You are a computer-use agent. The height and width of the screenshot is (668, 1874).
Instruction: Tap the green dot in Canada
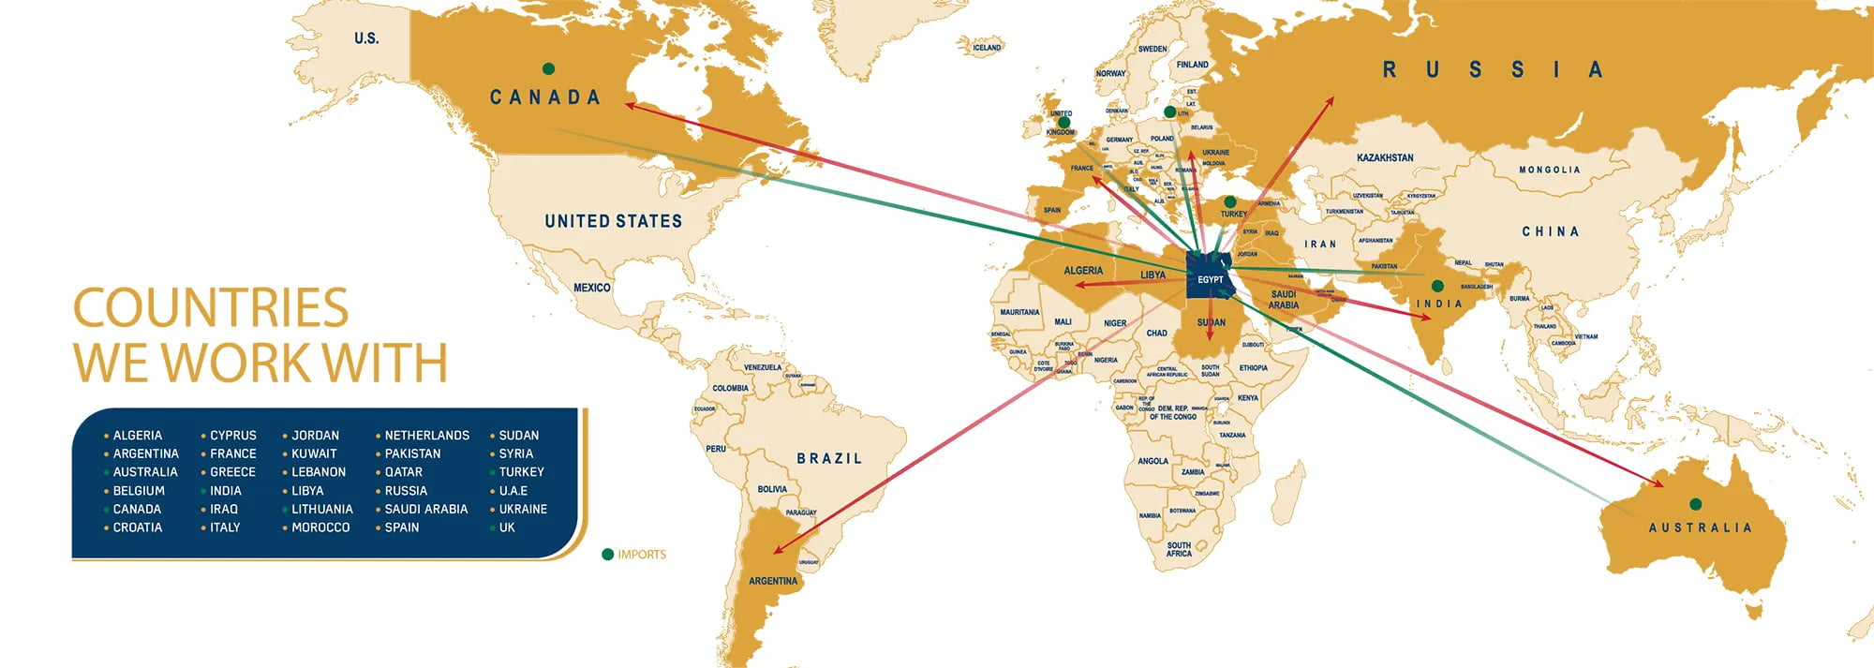[548, 68]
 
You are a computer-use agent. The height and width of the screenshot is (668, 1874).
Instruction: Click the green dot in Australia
[1695, 504]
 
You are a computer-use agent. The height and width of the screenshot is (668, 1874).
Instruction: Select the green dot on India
[1437, 286]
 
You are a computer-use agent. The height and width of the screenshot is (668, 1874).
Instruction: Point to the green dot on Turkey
[1230, 201]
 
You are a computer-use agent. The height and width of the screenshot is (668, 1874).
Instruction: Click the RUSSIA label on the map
[1492, 69]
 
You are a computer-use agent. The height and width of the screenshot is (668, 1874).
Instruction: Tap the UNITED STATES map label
[613, 221]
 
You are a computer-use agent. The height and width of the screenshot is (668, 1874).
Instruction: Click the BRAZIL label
[829, 458]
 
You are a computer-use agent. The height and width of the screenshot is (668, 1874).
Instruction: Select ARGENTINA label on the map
[773, 581]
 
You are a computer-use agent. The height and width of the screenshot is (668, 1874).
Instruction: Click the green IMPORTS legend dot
[607, 555]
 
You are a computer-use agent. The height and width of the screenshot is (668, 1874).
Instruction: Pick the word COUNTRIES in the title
[211, 308]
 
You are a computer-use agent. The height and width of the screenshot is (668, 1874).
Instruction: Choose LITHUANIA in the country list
[321, 509]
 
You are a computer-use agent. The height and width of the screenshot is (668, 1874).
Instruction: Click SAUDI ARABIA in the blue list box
[425, 509]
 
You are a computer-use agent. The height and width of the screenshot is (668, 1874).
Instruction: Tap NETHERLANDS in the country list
[426, 436]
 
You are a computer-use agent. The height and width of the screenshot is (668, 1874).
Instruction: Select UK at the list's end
[507, 527]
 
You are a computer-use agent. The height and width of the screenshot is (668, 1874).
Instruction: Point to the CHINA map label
[1550, 231]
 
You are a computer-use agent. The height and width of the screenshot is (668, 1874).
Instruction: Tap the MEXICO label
[591, 288]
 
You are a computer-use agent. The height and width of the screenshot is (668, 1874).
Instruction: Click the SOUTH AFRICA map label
[1179, 549]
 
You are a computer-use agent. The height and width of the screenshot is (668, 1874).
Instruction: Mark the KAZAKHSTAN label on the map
[1385, 157]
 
